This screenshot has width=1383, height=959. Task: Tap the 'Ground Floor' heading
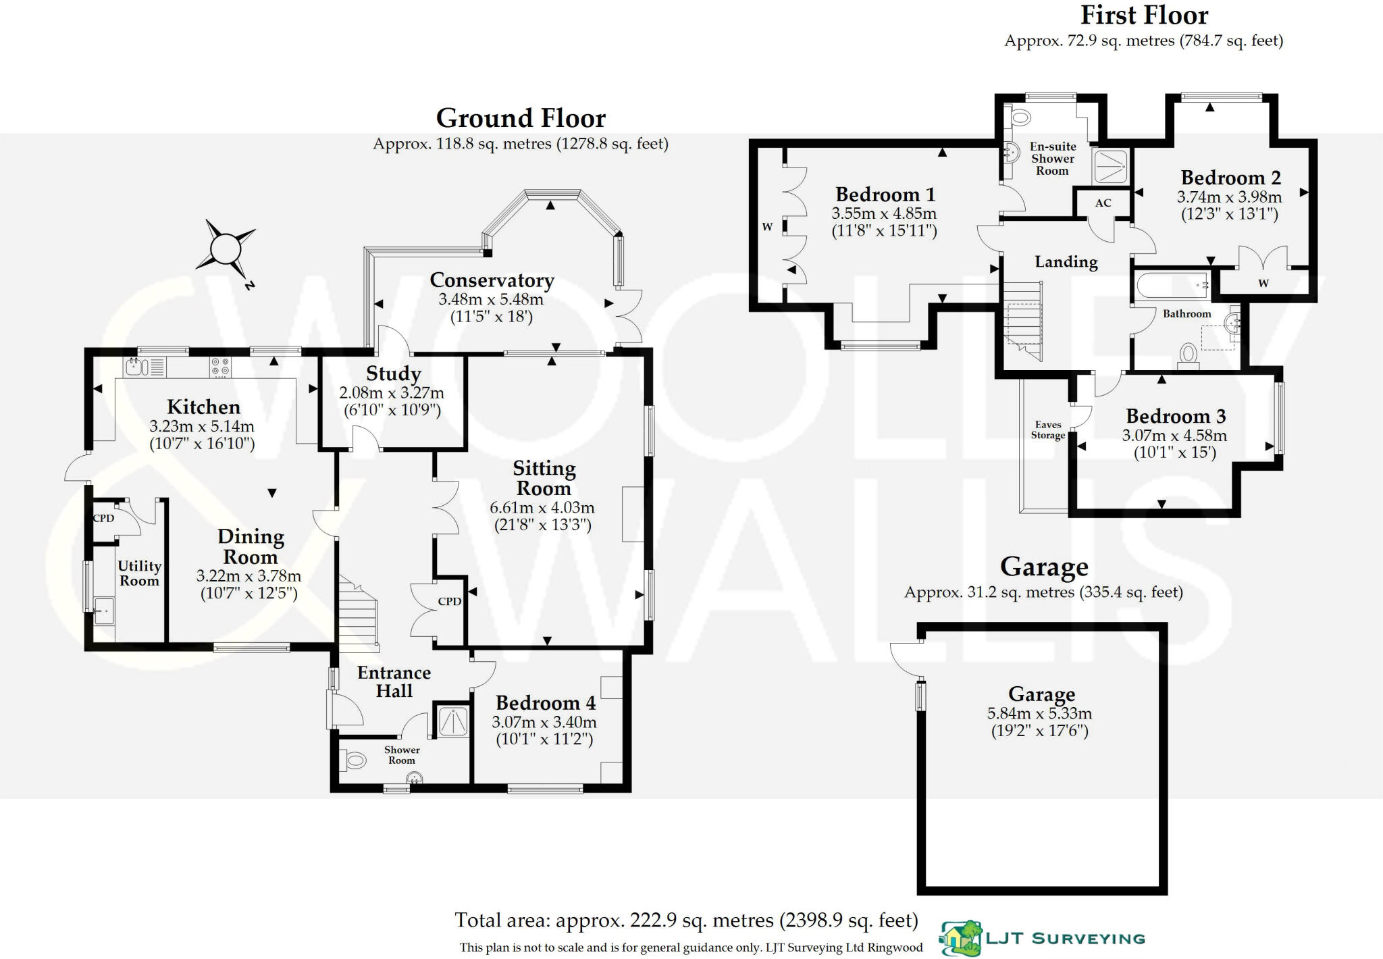521,118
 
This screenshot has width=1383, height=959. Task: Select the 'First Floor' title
1144,15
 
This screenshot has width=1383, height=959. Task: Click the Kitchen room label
203,407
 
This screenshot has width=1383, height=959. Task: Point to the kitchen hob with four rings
220,367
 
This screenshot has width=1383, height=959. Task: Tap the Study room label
393,373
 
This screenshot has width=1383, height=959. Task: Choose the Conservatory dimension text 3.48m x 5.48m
491,299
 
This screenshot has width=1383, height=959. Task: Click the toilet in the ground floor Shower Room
353,761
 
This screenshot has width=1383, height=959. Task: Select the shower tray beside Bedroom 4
452,721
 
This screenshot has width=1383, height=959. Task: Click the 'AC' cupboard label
1103,203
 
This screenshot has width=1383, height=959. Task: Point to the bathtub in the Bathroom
1172,286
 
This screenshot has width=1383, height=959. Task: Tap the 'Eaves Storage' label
1048,430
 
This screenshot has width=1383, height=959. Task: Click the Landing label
1066,262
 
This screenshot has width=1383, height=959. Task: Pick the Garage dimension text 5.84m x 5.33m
1039,713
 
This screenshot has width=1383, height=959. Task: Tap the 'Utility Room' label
139,573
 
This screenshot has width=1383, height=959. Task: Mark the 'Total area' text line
686,921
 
